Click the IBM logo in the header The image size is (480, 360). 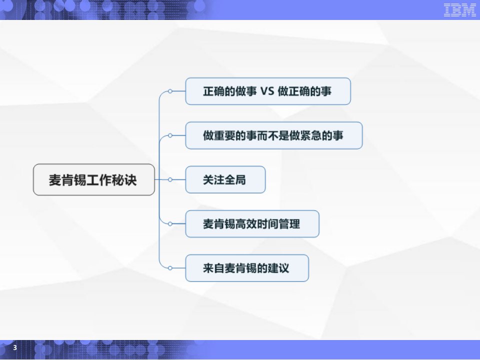click(x=460, y=10)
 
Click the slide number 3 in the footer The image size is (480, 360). click(x=15, y=347)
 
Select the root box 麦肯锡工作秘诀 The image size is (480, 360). click(x=93, y=179)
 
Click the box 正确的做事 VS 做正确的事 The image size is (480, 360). click(x=268, y=91)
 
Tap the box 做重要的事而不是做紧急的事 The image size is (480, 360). click(x=273, y=135)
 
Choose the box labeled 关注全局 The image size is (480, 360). click(x=225, y=179)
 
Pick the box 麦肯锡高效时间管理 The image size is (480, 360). click(x=252, y=224)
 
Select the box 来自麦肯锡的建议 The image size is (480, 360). click(x=246, y=268)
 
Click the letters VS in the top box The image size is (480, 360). click(x=267, y=91)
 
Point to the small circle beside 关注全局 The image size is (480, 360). click(x=170, y=179)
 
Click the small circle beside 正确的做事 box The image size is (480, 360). click(x=170, y=91)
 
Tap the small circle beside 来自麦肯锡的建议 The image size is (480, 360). click(x=170, y=268)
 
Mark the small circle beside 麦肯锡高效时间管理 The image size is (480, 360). click(x=170, y=224)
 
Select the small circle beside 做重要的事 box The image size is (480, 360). click(x=170, y=135)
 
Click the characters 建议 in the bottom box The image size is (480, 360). click(x=278, y=268)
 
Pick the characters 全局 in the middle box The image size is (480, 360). click(x=235, y=180)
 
